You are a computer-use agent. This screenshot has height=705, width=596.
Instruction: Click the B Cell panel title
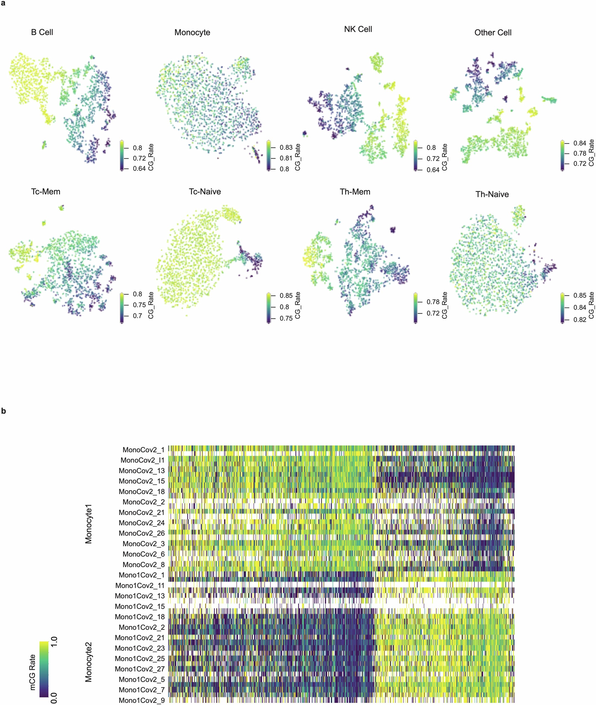click(x=42, y=33)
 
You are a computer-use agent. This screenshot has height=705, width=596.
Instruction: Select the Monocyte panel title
click(x=192, y=33)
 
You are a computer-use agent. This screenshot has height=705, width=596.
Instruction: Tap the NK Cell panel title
click(x=358, y=30)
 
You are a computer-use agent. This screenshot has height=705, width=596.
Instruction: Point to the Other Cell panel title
click(x=493, y=33)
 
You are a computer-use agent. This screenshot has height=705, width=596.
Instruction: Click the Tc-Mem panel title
click(x=45, y=192)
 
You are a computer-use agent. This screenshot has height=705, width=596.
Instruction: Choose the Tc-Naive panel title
click(x=205, y=192)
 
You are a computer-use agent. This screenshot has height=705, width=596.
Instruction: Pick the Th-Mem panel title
click(x=355, y=192)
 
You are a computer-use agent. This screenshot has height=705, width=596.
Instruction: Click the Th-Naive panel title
click(x=492, y=194)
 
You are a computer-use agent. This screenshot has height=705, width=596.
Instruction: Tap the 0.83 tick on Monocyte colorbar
click(x=286, y=147)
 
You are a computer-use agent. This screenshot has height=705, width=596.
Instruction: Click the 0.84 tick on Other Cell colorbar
click(x=580, y=143)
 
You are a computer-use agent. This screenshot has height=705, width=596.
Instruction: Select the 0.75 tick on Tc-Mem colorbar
click(x=139, y=305)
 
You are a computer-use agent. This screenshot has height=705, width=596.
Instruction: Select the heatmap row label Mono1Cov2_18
click(x=139, y=617)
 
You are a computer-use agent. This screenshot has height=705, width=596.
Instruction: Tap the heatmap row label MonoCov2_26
click(x=142, y=533)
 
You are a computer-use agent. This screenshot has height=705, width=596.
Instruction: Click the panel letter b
click(x=4, y=411)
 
